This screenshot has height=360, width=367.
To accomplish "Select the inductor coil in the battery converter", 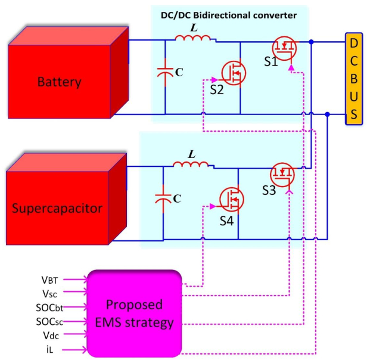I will coord(192,39).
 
